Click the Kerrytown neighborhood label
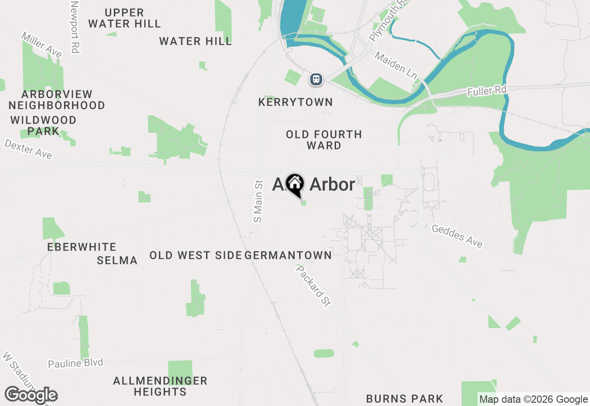295,102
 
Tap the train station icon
316,79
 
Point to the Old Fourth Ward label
324,140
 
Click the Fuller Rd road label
486,90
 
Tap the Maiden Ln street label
395,64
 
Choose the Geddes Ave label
457,236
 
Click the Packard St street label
313,286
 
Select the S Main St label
258,201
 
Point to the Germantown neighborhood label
289,255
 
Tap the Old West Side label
195,255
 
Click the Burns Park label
404,399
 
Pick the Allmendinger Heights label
160,387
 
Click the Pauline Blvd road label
76,363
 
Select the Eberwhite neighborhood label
82,247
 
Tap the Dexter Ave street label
29,149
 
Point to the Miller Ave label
41,45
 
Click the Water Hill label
195,42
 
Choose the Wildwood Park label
43,125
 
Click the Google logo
31,395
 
